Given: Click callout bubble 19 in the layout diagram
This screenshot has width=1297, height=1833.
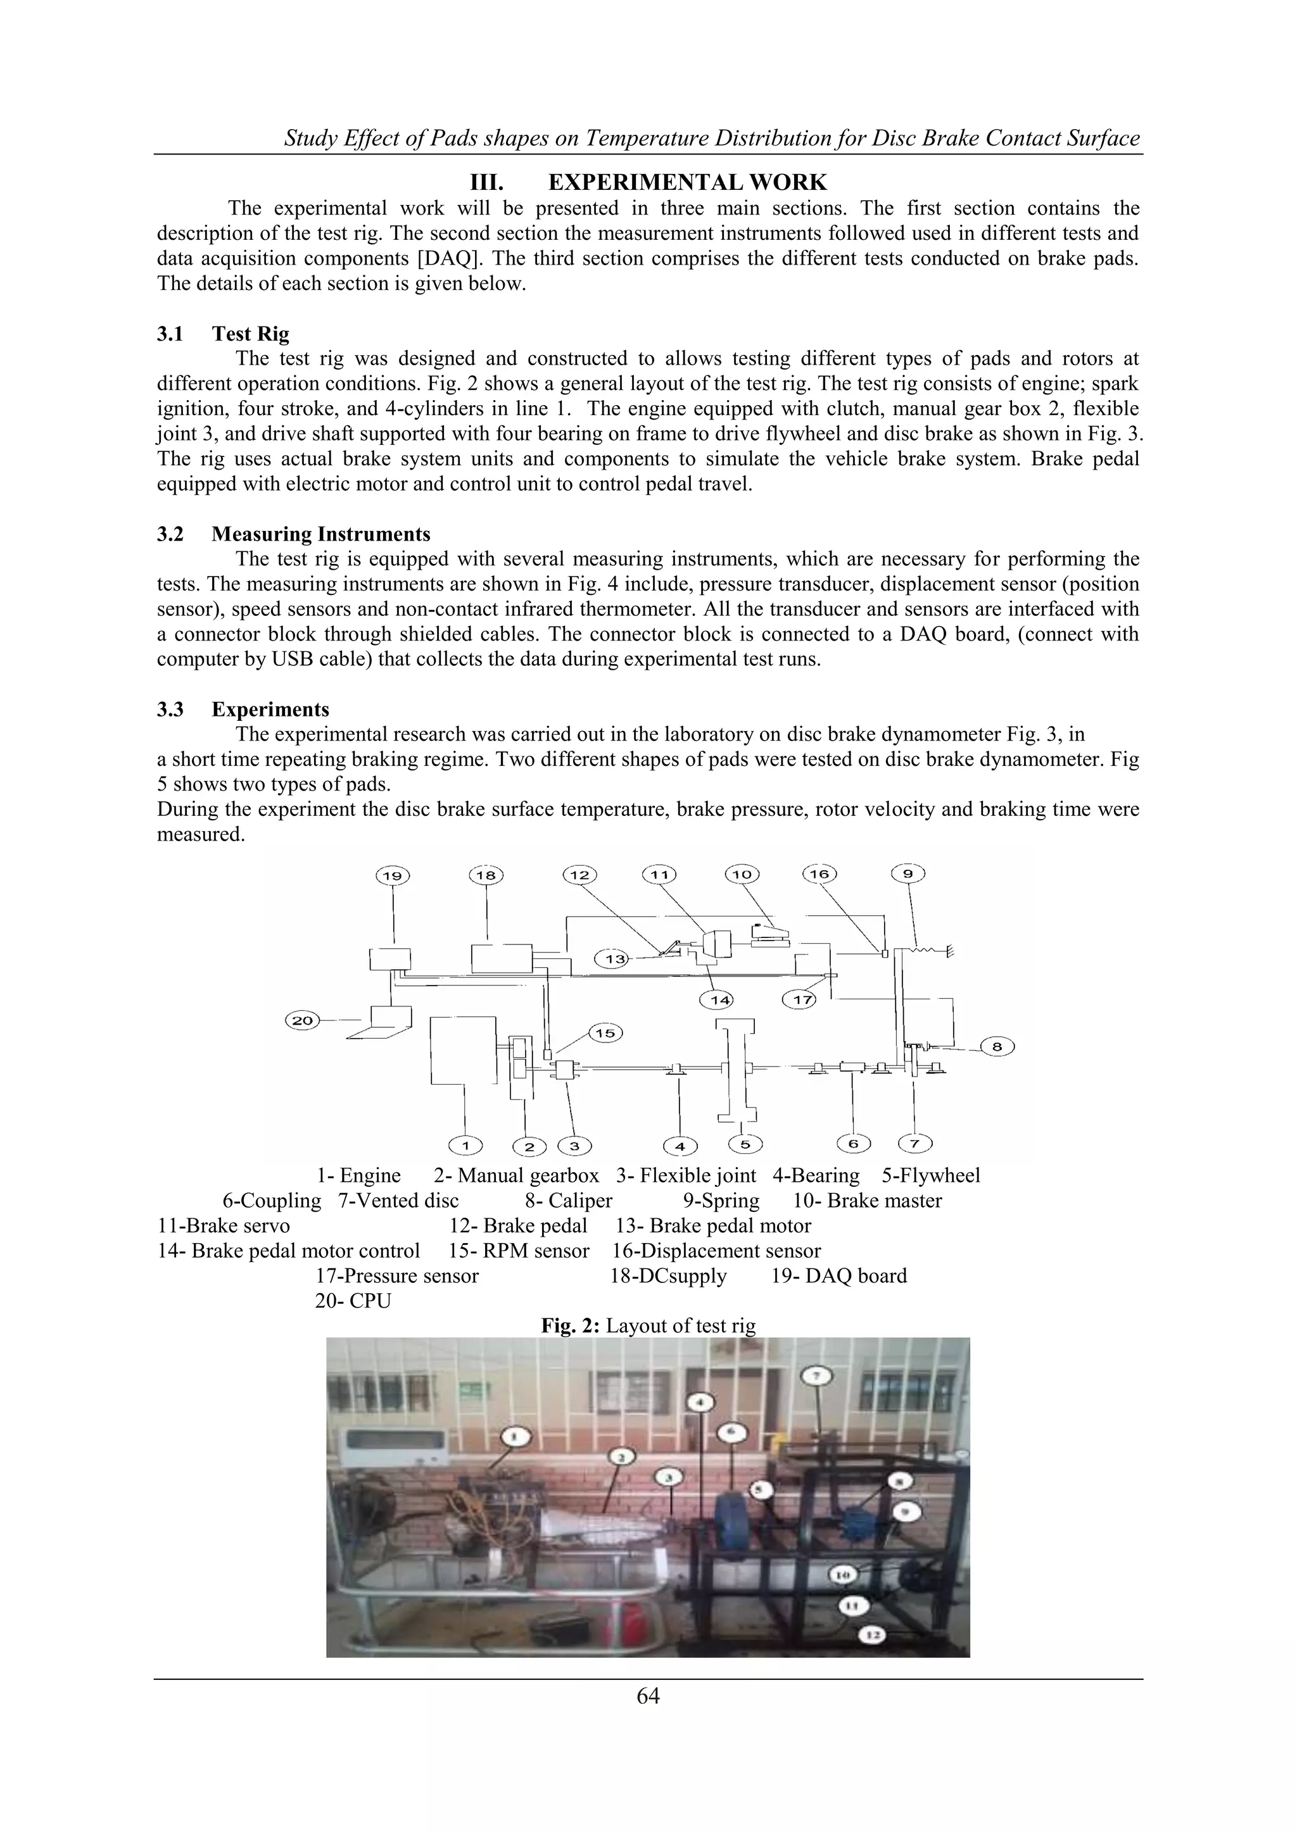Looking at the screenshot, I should point(392,876).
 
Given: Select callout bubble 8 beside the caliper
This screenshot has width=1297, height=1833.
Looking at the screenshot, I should point(997,1046).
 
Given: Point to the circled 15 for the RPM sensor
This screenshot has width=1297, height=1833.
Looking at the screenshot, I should point(605,1033).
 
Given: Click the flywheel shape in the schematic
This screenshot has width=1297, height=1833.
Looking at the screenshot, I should point(735,1070).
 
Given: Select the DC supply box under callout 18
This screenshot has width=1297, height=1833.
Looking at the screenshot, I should point(502,958).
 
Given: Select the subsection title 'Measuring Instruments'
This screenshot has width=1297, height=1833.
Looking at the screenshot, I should point(320,534).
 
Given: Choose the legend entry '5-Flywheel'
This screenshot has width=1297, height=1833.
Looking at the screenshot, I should point(930,1176).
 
